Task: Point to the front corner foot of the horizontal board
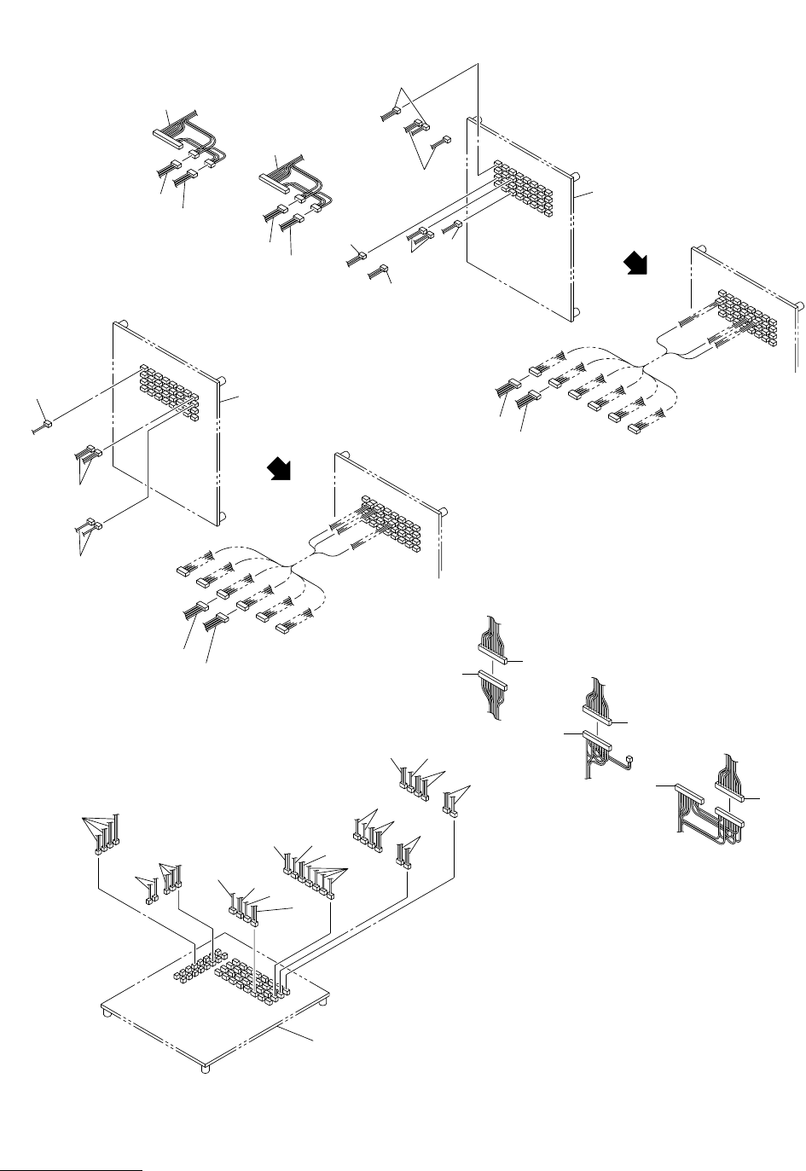click(206, 1066)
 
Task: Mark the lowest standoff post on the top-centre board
click(577, 312)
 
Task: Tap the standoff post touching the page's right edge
click(799, 304)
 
